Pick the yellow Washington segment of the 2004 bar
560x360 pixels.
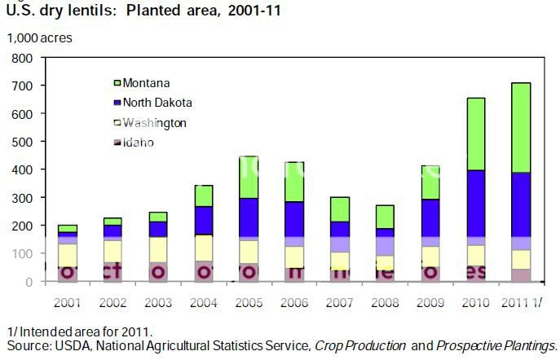(203, 248)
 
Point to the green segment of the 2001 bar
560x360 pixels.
(68, 228)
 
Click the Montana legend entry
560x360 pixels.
(147, 82)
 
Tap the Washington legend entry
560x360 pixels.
(154, 123)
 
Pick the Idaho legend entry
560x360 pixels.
(139, 143)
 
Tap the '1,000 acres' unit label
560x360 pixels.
(40, 37)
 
